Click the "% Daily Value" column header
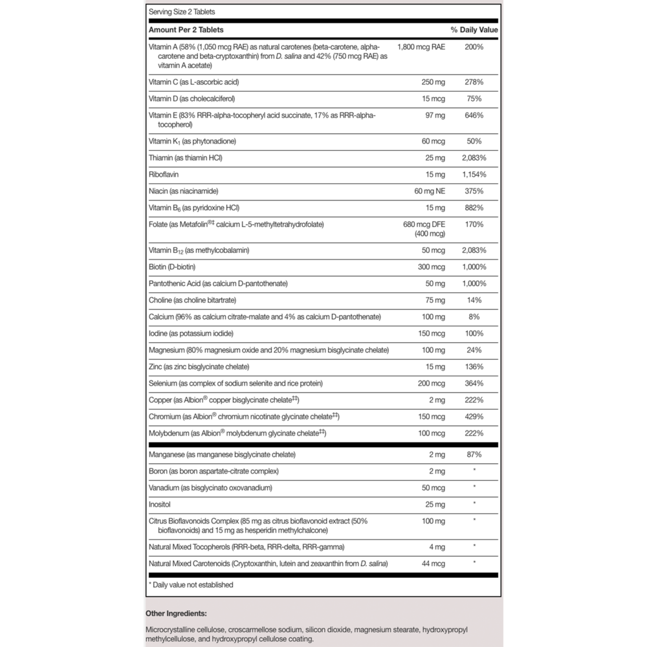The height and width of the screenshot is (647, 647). [474, 30]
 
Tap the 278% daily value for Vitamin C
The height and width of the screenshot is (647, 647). [474, 82]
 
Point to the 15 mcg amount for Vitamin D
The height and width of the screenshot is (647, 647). [432, 99]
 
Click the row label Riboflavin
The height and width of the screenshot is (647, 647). [165, 174]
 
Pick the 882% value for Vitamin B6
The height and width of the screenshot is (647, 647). [474, 208]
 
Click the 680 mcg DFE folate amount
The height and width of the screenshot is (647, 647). [424, 225]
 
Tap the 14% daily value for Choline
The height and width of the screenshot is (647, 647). [474, 300]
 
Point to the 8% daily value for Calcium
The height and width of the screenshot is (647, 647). [474, 317]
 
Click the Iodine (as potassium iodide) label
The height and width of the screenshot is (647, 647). [190, 333]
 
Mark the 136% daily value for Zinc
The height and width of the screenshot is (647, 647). [474, 367]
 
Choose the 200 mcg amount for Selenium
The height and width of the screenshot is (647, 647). [430, 383]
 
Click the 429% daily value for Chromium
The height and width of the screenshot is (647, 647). [474, 416]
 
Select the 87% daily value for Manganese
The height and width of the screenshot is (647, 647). [474, 455]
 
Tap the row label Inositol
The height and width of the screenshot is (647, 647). [160, 503]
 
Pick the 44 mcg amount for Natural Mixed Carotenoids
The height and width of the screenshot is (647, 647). [432, 564]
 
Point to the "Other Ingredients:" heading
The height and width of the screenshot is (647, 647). [176, 613]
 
